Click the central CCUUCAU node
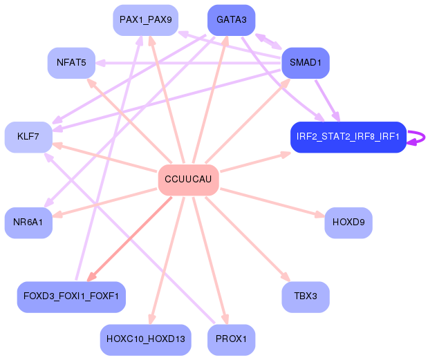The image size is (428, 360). pos(189,180)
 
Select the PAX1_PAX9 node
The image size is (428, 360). pos(146,20)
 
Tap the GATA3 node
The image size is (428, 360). pos(232,20)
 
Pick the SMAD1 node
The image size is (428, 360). pos(306,63)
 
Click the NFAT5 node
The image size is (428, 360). pos(71,63)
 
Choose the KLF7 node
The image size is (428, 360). pos(28,137)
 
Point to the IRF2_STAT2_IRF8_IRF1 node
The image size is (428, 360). pos(348,137)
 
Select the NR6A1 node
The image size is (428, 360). pos(28,222)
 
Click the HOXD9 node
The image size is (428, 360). pos(348,222)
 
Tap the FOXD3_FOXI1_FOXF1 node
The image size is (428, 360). pos(71,297)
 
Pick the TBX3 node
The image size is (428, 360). pos(306,297)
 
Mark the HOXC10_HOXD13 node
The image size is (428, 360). pos(146,340)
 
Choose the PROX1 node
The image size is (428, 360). pos(232,340)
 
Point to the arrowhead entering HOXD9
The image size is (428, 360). pos(319,215)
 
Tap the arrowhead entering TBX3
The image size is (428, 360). pos(286,276)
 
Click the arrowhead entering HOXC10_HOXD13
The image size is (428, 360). pos(151,319)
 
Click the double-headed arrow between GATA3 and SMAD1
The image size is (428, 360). pos(268,41)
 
